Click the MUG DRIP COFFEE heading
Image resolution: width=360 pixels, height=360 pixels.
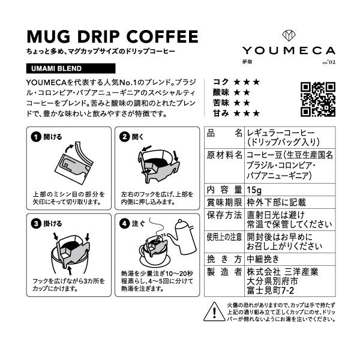pyautogui.click(x=112, y=36)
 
